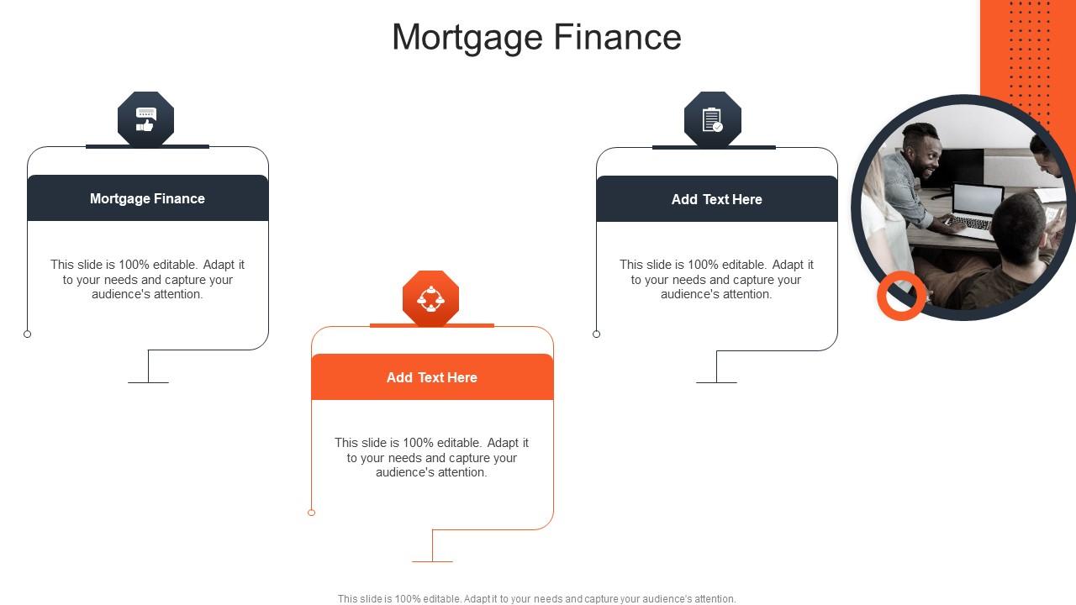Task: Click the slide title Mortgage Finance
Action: tap(536, 37)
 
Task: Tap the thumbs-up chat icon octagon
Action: tap(145, 119)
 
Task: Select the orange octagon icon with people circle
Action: tap(431, 298)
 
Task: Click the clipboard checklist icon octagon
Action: tap(713, 119)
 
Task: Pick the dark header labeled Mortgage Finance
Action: tap(147, 198)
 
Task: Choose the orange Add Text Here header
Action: tap(432, 377)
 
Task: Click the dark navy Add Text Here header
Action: tap(716, 199)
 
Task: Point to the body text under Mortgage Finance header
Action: tap(147, 279)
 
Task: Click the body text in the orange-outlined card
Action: tap(431, 457)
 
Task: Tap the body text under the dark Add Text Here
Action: tap(716, 279)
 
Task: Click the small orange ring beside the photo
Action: tap(901, 296)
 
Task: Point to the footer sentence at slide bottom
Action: tap(536, 599)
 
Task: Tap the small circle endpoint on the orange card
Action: tap(312, 513)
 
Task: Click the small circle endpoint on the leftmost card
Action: tap(28, 334)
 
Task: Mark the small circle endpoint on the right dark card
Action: tap(597, 334)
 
